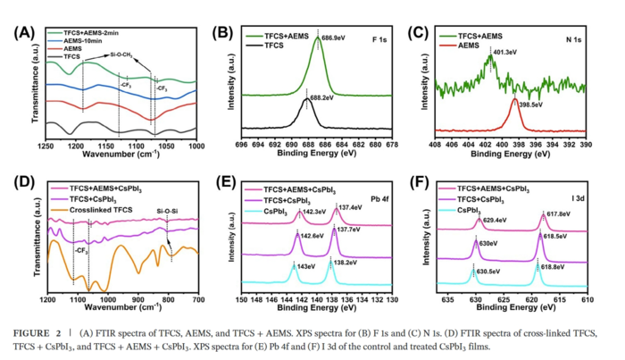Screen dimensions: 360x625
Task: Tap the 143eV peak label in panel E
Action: pos(305,265)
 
